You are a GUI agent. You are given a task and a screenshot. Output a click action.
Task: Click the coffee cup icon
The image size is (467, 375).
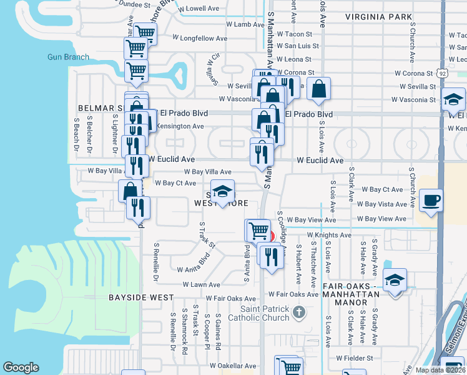pyautogui.click(x=431, y=201)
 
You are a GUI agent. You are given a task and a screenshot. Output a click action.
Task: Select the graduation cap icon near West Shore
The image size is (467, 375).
pyautogui.click(x=222, y=192)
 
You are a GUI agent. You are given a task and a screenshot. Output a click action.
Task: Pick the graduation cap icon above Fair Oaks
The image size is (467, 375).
pyautogui.click(x=394, y=279)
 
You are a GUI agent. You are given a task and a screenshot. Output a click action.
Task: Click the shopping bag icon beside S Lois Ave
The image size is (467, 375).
pyautogui.click(x=318, y=89)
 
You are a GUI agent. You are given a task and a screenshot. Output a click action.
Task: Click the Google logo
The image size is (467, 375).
pyautogui.click(x=21, y=367)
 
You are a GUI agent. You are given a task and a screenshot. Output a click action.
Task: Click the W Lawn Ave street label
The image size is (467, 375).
pyautogui.click(x=202, y=284)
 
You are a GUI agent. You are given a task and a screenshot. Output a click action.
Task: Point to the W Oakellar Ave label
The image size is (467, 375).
pyautogui.click(x=233, y=366)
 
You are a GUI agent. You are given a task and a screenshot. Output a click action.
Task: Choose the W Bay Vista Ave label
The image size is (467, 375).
pyautogui.click(x=382, y=204)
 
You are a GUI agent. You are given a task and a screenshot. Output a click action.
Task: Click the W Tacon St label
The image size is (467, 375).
pyautogui.click(x=294, y=34)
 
